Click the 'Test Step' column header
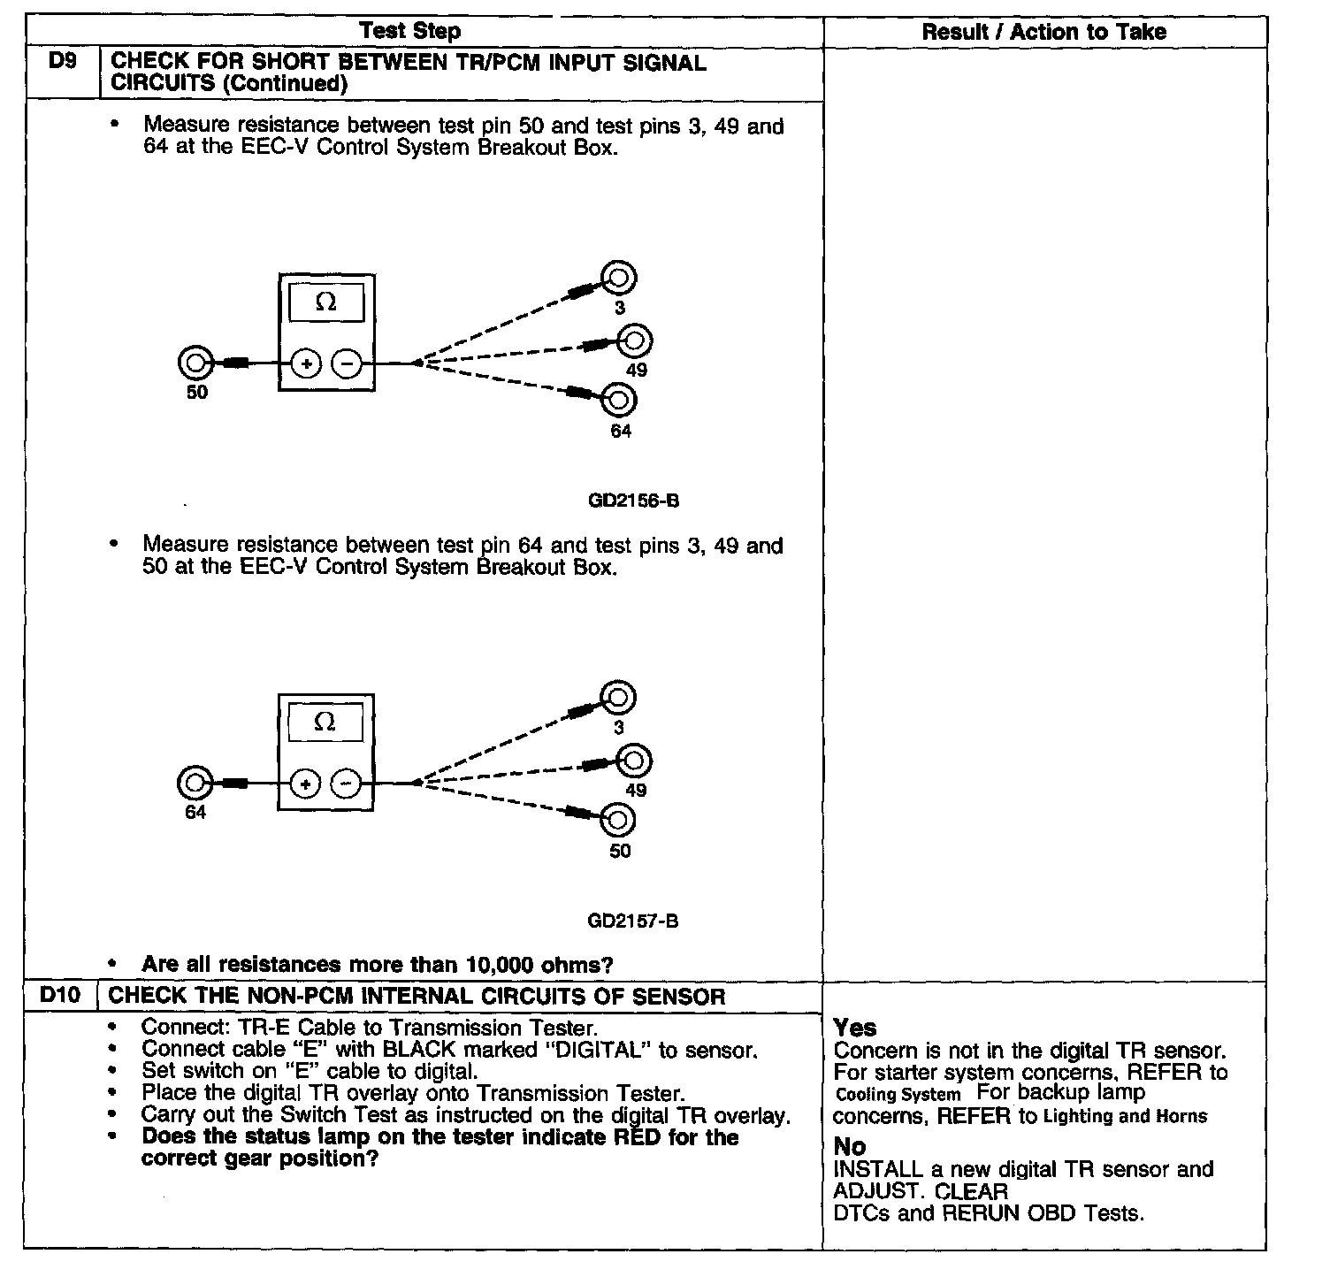tap(409, 32)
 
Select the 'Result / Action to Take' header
tap(1043, 33)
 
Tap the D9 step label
tap(62, 64)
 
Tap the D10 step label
tap(60, 995)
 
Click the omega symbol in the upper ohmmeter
tap(325, 302)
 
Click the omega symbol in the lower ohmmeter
tap(325, 722)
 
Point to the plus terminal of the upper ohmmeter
tap(306, 363)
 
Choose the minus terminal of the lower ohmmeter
tap(346, 784)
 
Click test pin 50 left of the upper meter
tap(195, 363)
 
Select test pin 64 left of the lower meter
tap(195, 783)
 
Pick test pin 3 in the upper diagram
tap(619, 279)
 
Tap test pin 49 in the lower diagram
tap(634, 761)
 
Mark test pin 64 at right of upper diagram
tap(619, 401)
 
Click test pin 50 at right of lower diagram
tap(618, 821)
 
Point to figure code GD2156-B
tap(633, 501)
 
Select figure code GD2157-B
tap(633, 921)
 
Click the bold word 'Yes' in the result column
tap(855, 1028)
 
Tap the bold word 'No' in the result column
tap(850, 1146)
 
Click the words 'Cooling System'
tap(898, 1094)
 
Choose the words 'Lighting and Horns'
tap(1125, 1116)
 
